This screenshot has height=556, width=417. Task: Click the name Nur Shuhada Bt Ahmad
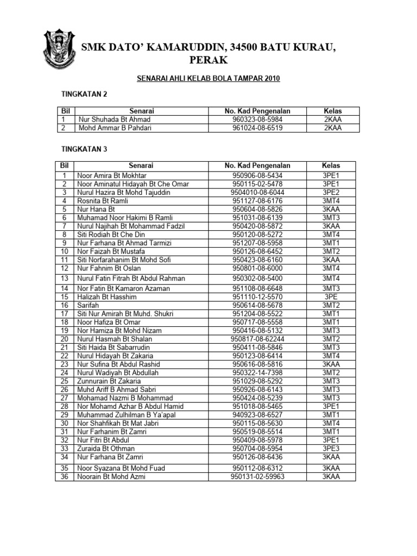point(115,119)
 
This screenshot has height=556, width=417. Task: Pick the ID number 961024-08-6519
point(257,128)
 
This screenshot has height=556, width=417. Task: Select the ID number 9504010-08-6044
point(257,192)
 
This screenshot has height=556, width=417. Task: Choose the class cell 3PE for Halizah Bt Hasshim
point(331,297)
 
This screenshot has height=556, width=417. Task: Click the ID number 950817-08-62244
point(257,338)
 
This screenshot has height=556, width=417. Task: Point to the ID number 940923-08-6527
point(257,414)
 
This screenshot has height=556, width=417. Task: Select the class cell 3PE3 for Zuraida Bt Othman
point(331,448)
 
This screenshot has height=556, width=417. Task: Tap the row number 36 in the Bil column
point(64,477)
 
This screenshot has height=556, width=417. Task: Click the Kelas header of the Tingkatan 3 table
point(331,165)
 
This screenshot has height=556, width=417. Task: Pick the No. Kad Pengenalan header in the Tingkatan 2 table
point(257,111)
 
